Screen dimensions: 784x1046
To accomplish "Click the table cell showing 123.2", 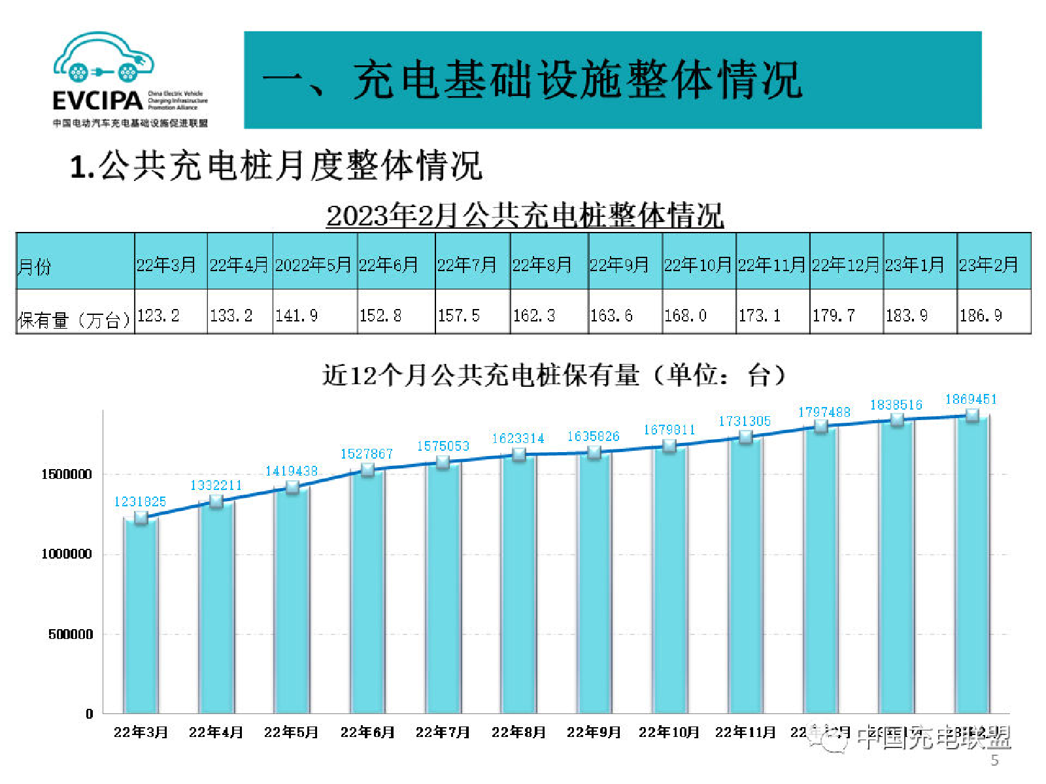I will (x=158, y=316).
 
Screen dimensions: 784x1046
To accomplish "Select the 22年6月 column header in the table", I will (x=388, y=265).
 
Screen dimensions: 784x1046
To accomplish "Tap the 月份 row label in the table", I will (x=35, y=267).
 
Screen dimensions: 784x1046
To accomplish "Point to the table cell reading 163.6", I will (x=611, y=316).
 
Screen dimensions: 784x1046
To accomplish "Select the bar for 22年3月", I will (x=141, y=614).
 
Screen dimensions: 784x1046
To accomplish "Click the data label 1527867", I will (x=367, y=453).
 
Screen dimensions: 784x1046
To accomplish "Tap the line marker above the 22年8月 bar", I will (x=519, y=455).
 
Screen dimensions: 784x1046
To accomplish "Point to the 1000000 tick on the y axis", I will (x=67, y=554).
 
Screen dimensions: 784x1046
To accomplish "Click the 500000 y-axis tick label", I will (x=71, y=634).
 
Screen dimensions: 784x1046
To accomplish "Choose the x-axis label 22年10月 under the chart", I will (x=669, y=732).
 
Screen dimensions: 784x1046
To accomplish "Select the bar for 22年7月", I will (x=443, y=588).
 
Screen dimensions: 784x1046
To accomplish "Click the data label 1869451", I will (x=971, y=399).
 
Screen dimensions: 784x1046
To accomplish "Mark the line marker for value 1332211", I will (x=216, y=502).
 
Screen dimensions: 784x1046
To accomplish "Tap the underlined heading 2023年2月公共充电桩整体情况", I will (x=525, y=216).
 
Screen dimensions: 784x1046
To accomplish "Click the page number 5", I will (x=994, y=760).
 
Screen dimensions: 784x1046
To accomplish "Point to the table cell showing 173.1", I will (x=760, y=316).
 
